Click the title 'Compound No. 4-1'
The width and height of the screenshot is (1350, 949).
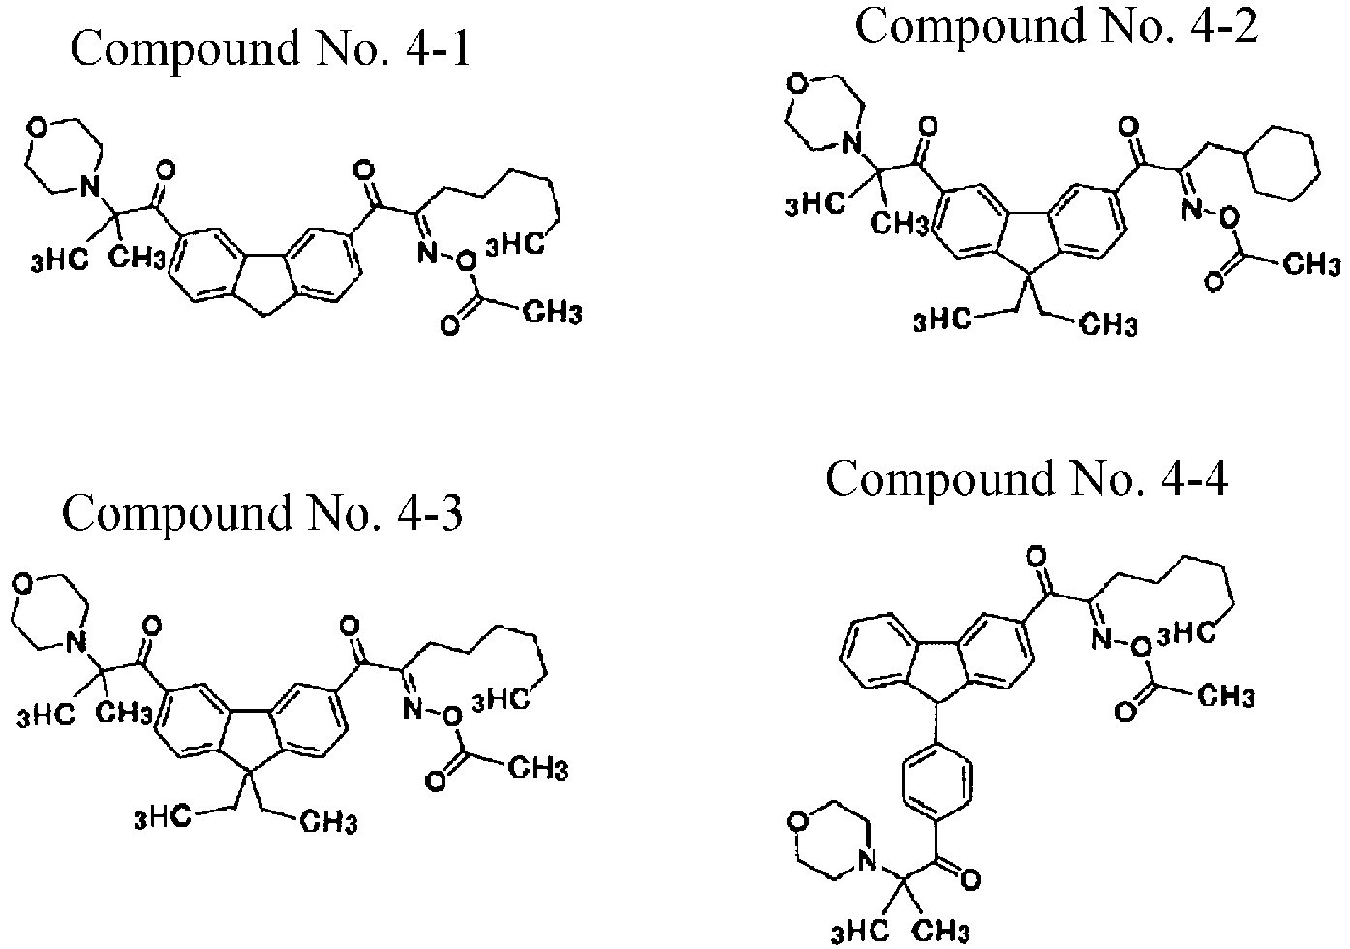coord(270,49)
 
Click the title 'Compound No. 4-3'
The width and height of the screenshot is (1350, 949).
coord(262,513)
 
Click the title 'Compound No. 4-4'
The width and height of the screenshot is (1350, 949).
coord(1027,479)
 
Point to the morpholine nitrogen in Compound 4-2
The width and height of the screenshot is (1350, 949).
coord(849,143)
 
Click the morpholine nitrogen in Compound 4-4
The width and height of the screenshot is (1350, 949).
coord(866,861)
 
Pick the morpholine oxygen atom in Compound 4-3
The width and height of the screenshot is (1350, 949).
coord(22,585)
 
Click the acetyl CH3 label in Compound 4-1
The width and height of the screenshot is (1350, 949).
coord(552,314)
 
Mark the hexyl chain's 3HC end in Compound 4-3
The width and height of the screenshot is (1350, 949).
coord(501,701)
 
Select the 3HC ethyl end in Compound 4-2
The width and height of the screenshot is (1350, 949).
coord(942,320)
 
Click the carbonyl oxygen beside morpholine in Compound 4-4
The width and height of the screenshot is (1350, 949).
coord(969,880)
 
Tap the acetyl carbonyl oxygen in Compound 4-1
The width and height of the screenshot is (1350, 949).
coord(449,325)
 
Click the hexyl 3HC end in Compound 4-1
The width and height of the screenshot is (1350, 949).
coord(515,245)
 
